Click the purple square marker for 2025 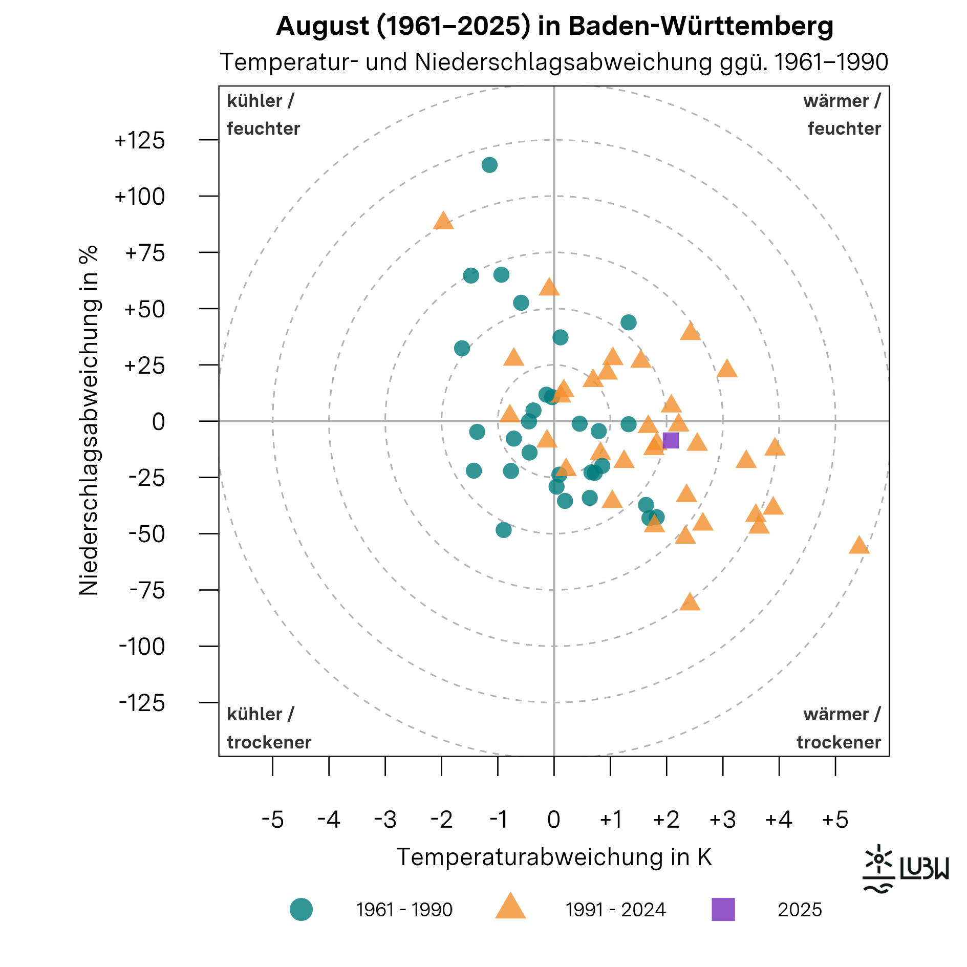click(x=671, y=440)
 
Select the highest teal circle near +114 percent click(x=489, y=165)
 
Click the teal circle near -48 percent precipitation click(x=504, y=530)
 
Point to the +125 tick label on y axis click(x=140, y=140)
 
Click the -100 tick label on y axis click(x=142, y=647)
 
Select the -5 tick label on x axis click(x=272, y=820)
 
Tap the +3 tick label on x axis click(x=722, y=820)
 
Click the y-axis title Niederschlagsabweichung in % click(x=89, y=421)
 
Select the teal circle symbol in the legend click(x=301, y=909)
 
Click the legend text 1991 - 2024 click(x=615, y=910)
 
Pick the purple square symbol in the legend click(x=723, y=909)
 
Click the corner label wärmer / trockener click(x=839, y=728)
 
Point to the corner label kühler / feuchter click(x=263, y=115)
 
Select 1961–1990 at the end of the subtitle click(x=831, y=62)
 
